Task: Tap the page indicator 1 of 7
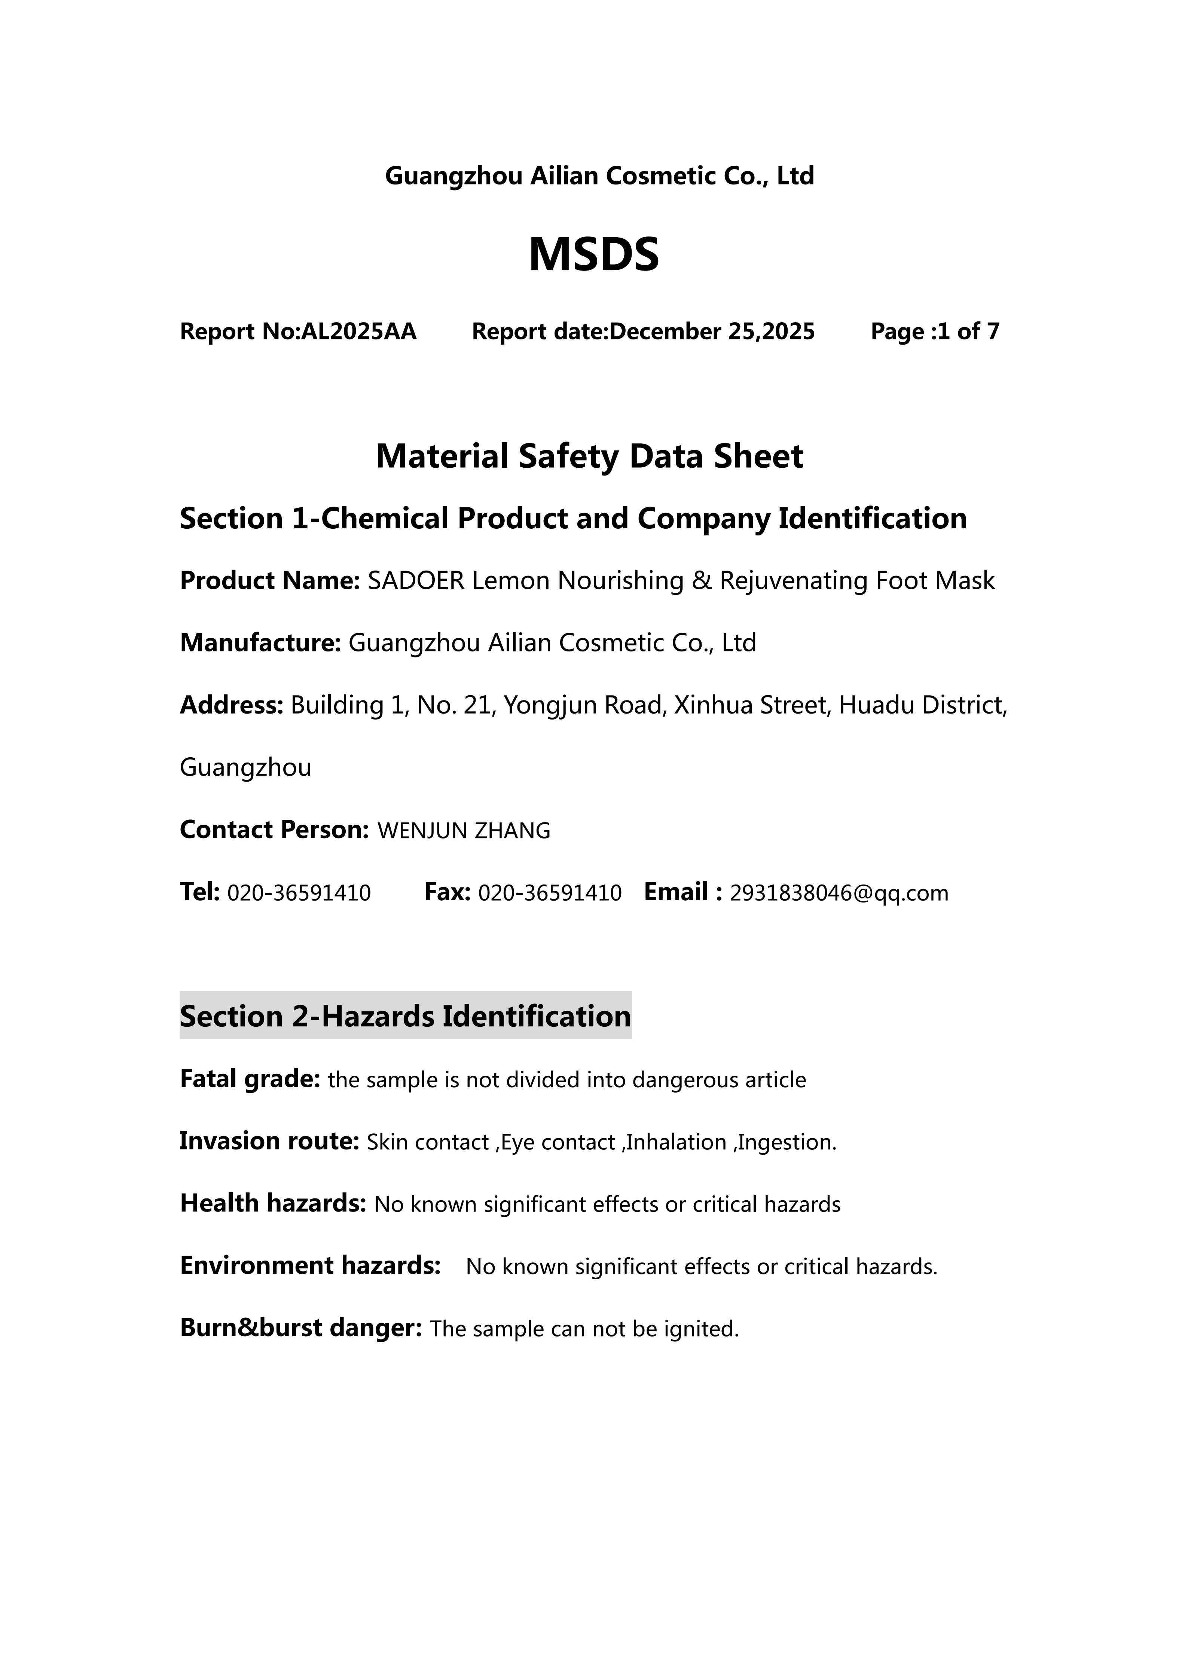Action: pyautogui.click(x=968, y=332)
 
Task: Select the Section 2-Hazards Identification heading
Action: pyautogui.click(x=405, y=1016)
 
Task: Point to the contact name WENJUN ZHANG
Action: pyautogui.click(x=463, y=831)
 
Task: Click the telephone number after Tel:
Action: pyautogui.click(x=299, y=893)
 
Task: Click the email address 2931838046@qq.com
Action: pyautogui.click(x=839, y=893)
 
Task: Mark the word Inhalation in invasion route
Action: pyautogui.click(x=676, y=1142)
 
